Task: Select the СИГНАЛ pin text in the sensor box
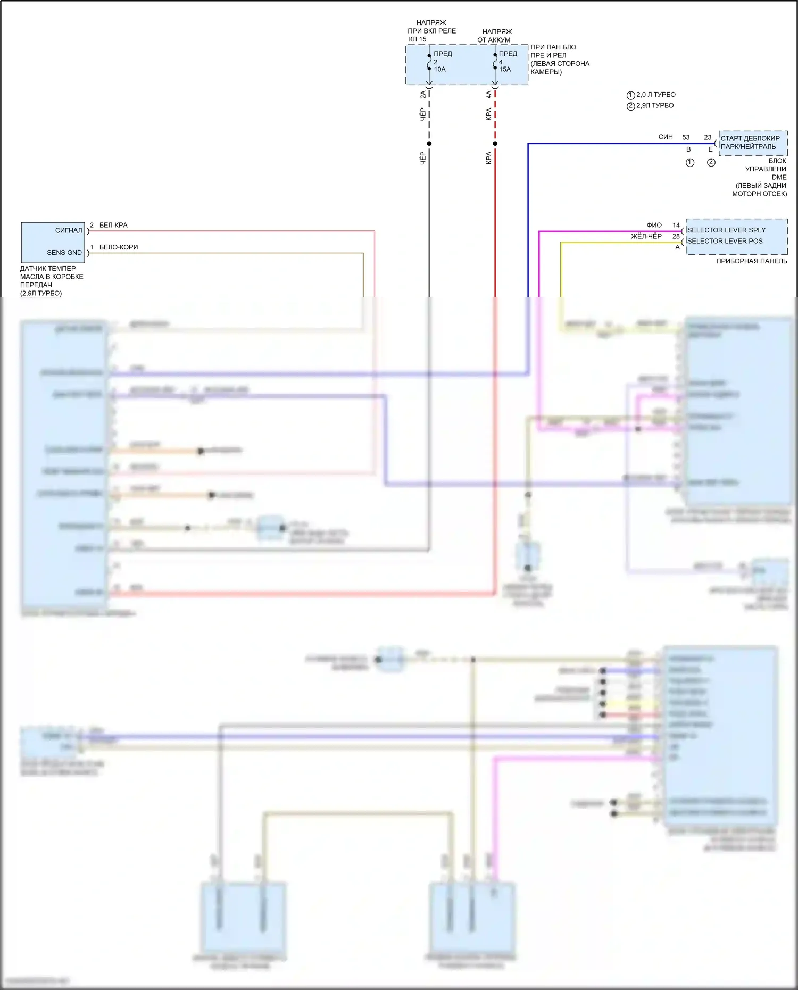pos(69,230)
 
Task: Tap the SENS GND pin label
pos(64,252)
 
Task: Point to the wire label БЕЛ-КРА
pos(113,225)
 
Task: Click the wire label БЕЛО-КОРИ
pos(118,247)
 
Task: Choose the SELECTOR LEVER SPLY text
pos(726,230)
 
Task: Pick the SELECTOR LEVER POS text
pos(725,241)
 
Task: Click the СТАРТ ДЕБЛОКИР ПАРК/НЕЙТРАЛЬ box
pos(752,143)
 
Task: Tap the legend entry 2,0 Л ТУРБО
pos(655,95)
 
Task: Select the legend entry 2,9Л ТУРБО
pos(654,105)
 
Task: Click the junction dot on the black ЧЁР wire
pos(429,144)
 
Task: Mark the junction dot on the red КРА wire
pos(495,144)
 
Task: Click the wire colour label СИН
pos(666,137)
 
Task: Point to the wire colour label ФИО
pos(654,225)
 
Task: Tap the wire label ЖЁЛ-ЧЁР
pos(646,236)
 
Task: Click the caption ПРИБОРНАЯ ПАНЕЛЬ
pos(751,261)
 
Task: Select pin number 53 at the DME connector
pos(686,137)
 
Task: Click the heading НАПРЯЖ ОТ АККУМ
pos(496,36)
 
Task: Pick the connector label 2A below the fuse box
pos(423,95)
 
